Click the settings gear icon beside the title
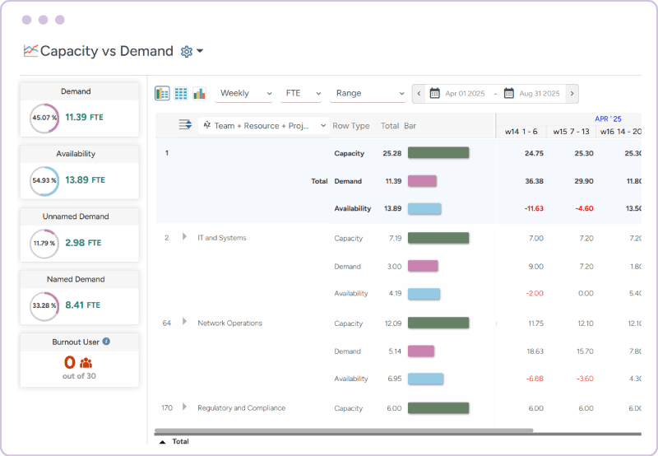[x=187, y=51]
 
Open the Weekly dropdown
[x=244, y=94]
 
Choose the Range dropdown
[x=367, y=94]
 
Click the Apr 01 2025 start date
[x=464, y=94]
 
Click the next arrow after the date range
[x=572, y=94]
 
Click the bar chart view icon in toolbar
[x=199, y=94]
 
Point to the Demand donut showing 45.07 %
[x=44, y=117]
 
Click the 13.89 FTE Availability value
[x=84, y=179]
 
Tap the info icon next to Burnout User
[x=106, y=341]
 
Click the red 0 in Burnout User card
[x=69, y=362]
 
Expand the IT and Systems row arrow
[x=185, y=237]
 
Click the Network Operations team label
[x=229, y=323]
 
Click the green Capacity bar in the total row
[x=438, y=153]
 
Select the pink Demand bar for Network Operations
[x=421, y=351]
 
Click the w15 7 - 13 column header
[x=571, y=131]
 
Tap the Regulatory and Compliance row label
[x=241, y=407]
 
